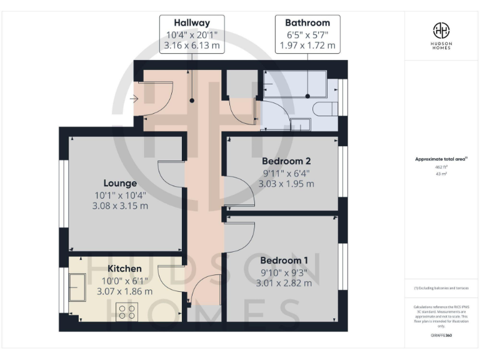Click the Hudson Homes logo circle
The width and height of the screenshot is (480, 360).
click(442, 30)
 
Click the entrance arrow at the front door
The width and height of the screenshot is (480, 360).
click(134, 99)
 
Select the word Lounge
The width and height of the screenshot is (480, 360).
click(121, 183)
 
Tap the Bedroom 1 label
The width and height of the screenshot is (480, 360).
click(284, 260)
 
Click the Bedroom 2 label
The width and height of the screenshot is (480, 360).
click(286, 161)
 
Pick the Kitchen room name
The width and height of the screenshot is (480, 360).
click(124, 268)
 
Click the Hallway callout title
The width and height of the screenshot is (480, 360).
click(191, 22)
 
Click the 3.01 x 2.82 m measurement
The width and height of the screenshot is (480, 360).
click(284, 282)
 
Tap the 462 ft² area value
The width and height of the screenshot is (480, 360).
click(441, 167)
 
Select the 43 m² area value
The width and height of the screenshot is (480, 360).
click(441, 174)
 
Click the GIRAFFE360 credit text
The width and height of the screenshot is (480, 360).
click(441, 336)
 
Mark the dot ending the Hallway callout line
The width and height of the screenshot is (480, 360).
click(191, 100)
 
